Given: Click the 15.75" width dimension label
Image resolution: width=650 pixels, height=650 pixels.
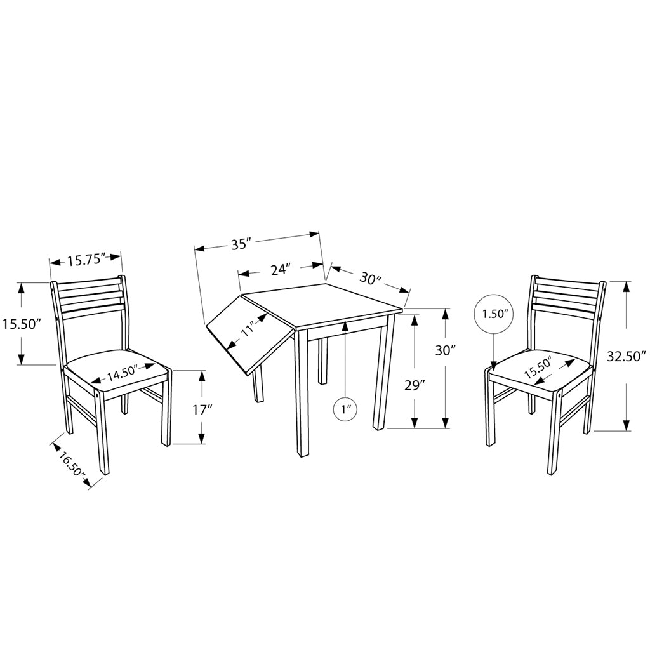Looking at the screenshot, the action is (85, 260).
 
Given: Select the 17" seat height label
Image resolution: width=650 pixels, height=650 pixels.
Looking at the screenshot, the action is (202, 411).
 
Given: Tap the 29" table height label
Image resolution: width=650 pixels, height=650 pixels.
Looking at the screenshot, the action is (414, 385).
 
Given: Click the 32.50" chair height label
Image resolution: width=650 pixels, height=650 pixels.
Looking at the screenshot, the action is (627, 355).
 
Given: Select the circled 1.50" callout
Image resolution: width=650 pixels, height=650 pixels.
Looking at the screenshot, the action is (494, 314).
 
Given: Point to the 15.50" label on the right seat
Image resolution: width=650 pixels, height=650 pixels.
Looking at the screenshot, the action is (538, 367).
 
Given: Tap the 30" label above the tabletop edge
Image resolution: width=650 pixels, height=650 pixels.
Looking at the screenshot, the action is (370, 279).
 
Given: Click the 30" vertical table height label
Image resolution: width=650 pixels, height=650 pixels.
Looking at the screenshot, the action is (446, 350).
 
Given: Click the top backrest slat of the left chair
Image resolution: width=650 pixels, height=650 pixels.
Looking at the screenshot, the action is (88, 286).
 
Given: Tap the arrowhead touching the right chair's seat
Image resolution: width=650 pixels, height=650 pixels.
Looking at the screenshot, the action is (493, 365).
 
